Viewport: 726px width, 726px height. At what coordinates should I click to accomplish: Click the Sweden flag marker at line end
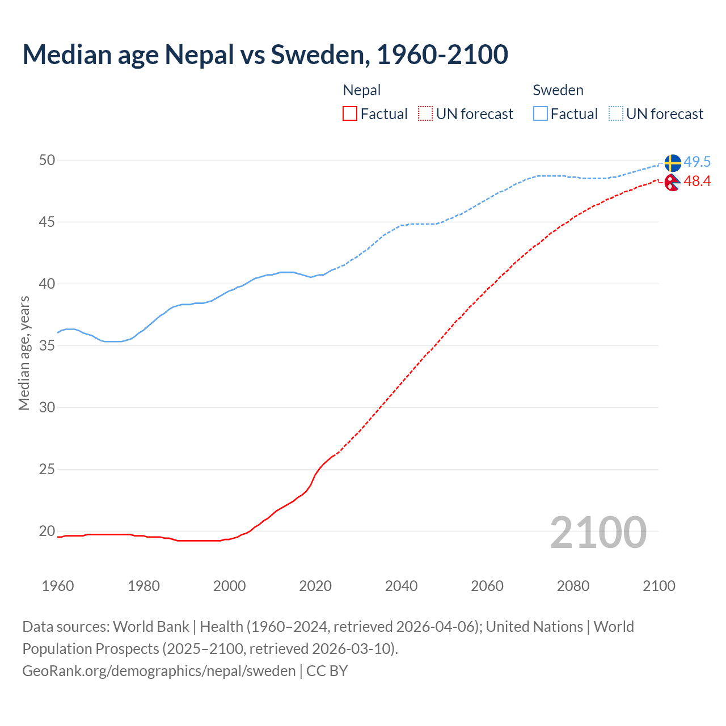[673, 163]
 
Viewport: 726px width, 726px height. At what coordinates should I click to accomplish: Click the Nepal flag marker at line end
[672, 182]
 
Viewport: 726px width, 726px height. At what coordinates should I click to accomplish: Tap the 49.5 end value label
[697, 162]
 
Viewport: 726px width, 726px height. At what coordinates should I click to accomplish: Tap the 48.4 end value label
[697, 181]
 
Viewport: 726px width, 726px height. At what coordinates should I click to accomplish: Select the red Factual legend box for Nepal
[350, 114]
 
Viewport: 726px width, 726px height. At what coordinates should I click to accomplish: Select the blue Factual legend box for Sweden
[541, 114]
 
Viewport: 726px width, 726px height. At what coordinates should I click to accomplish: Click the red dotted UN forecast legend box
[425, 114]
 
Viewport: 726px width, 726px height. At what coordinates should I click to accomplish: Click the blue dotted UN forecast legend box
[616, 114]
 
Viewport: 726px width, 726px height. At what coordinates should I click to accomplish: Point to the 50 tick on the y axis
[47, 160]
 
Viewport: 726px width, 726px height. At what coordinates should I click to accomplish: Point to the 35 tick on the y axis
[47, 345]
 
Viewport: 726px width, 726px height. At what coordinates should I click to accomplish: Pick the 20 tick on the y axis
[47, 531]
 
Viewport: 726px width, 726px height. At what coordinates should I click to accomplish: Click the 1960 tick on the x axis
[58, 586]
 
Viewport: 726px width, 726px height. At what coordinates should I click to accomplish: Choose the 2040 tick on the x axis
[401, 586]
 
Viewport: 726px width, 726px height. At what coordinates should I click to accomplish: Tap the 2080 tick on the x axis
[573, 586]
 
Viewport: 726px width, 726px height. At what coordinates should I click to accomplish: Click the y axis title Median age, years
[24, 353]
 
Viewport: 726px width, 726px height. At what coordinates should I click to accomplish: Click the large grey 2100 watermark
[598, 532]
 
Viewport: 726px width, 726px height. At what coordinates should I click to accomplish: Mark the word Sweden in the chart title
[318, 54]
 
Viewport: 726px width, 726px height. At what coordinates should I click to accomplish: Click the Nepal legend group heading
[362, 90]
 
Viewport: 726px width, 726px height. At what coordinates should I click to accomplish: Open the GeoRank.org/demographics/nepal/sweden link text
[159, 670]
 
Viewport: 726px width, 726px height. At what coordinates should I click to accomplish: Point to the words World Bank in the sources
[151, 627]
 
